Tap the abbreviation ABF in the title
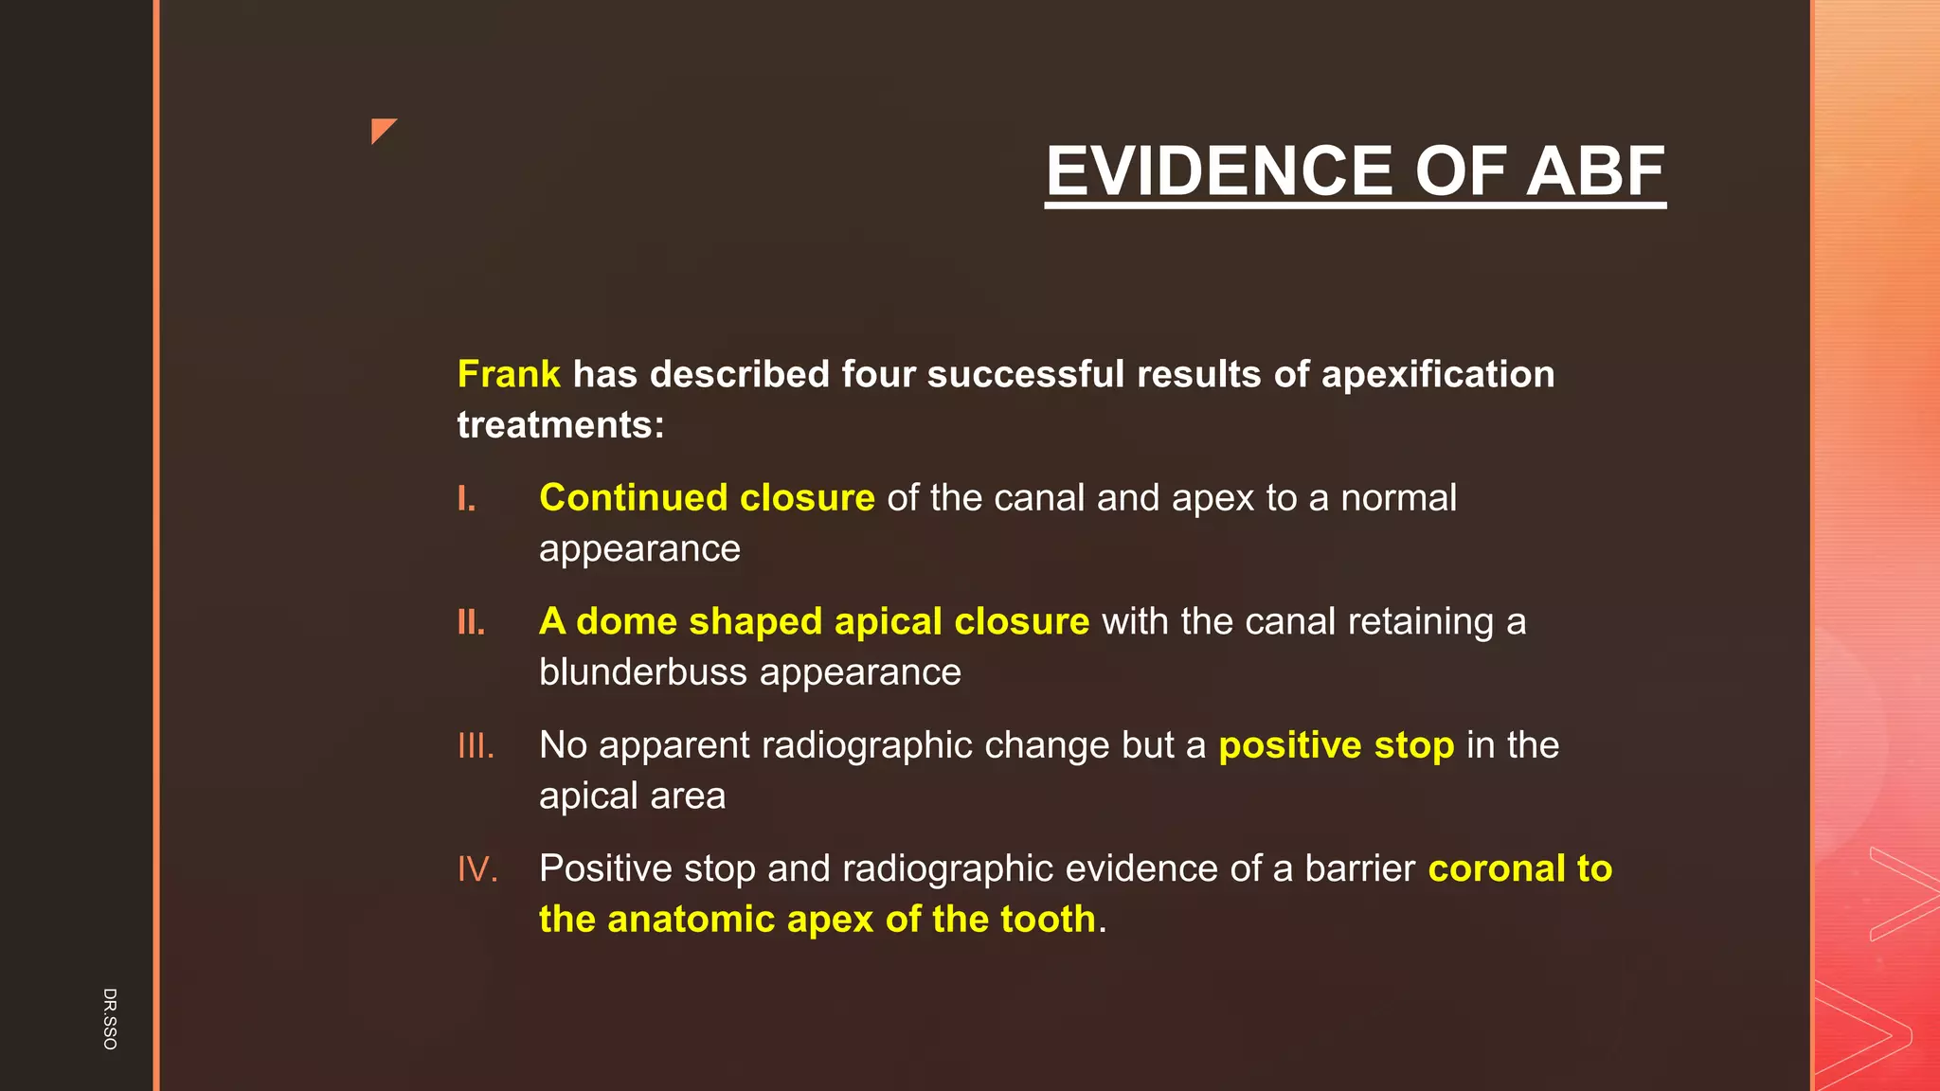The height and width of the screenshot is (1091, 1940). (1595, 171)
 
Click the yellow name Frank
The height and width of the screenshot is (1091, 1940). (509, 374)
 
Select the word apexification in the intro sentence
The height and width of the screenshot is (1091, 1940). (1438, 374)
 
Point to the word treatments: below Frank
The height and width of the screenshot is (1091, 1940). (561, 425)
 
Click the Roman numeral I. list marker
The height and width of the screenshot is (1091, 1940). (466, 498)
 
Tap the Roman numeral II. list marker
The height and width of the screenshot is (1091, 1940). (471, 622)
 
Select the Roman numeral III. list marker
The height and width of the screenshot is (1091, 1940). (476, 746)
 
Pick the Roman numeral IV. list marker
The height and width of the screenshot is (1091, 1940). (477, 869)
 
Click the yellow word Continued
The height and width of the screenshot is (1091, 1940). (633, 498)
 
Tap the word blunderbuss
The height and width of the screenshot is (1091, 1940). (643, 672)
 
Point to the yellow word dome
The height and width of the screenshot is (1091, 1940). (626, 622)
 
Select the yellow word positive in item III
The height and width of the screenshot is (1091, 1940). (1290, 746)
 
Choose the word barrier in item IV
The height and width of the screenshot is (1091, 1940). (1359, 869)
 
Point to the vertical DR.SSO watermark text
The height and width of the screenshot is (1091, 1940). (110, 1018)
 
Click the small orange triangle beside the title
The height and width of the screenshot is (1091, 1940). (382, 130)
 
